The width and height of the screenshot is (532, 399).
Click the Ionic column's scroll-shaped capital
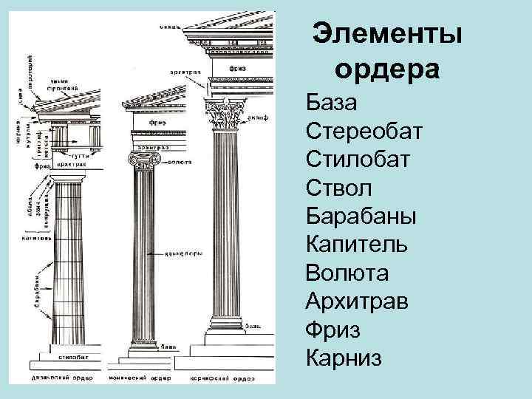click(x=144, y=159)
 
